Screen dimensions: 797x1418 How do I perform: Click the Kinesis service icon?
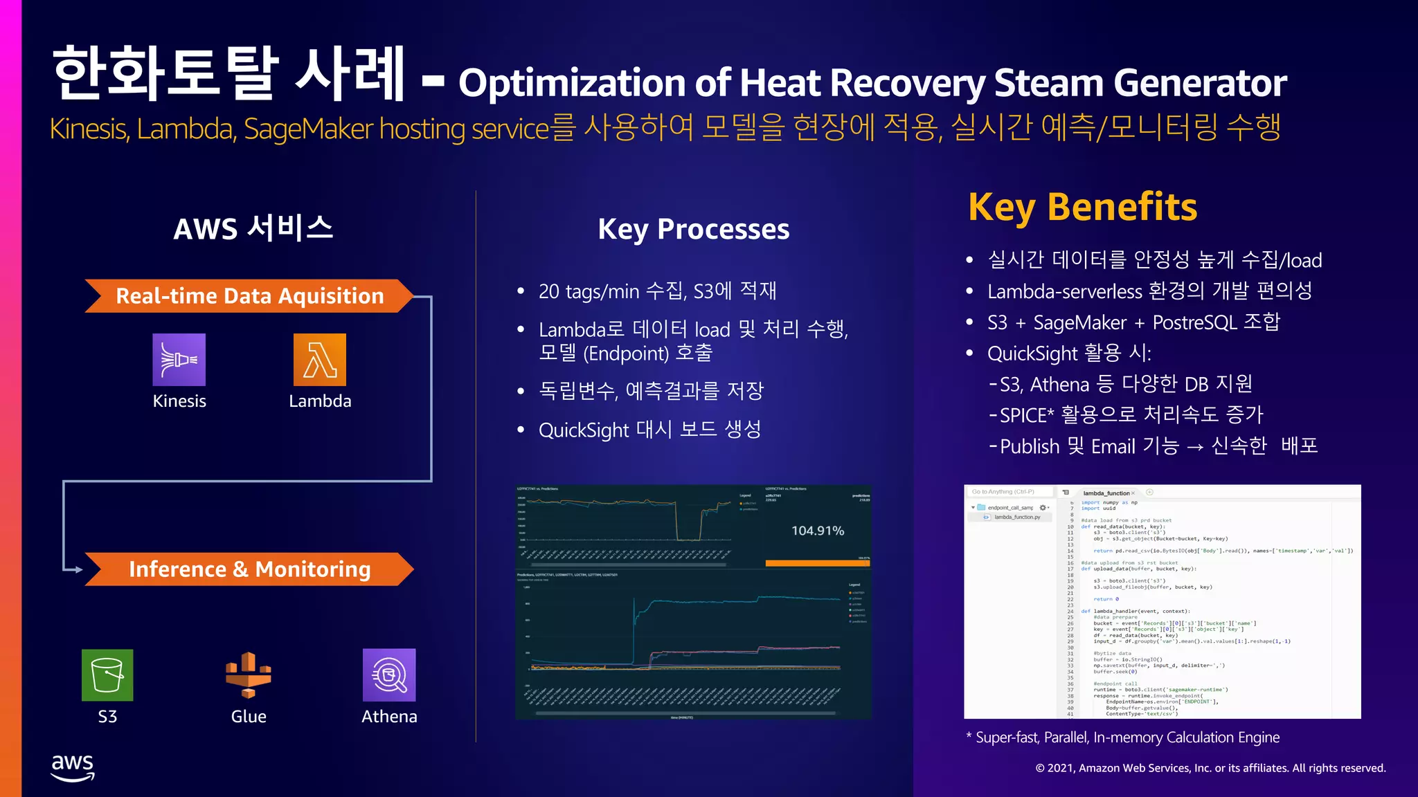(179, 360)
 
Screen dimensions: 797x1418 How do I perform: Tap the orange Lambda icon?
(320, 360)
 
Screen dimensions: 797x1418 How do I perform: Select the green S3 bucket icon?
(107, 675)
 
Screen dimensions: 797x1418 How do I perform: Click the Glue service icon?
(248, 675)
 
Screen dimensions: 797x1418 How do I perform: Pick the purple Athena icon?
(389, 675)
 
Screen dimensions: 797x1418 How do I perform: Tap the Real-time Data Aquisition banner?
(249, 296)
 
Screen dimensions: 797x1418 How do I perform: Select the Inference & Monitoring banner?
(249, 569)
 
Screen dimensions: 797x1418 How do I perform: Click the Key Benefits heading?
(1082, 207)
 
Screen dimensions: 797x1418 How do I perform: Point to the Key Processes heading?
(693, 229)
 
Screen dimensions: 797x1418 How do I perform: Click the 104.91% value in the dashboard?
(818, 531)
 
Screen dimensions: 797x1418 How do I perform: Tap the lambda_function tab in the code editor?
(1106, 493)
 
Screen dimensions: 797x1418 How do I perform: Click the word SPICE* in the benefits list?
(1027, 415)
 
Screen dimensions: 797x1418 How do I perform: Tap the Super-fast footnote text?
(1127, 738)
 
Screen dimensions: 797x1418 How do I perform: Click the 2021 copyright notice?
(1210, 768)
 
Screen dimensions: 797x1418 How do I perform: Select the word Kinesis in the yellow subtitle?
(89, 129)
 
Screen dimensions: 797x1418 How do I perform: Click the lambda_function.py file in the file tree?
(1017, 517)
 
